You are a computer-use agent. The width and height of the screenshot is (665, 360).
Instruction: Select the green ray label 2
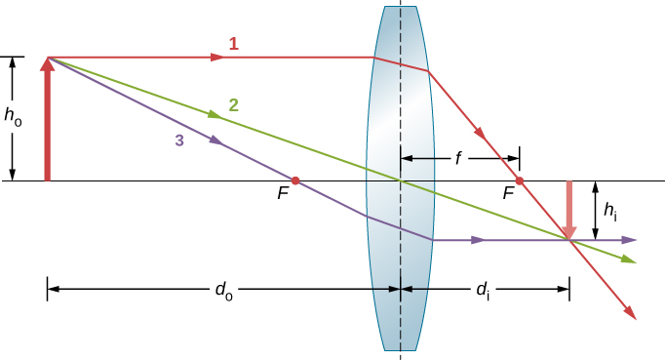coord(233,104)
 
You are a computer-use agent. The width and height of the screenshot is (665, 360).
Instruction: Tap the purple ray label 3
coord(178,140)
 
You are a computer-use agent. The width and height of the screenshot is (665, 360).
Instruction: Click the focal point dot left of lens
coord(295,180)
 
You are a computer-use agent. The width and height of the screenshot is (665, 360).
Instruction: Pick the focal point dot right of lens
coord(520,180)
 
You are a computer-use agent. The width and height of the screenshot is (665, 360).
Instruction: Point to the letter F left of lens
coord(283,194)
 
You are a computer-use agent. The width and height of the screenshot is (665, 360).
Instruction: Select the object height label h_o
coord(13,117)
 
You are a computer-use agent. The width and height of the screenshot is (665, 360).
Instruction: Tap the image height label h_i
coord(610,209)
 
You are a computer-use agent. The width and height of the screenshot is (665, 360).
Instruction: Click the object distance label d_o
coord(224,290)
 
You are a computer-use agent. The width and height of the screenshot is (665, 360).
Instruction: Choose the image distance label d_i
coord(483,290)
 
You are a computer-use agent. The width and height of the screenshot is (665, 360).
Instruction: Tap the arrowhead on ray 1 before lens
coord(217,58)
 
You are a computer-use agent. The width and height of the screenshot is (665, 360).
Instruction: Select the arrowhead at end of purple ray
coord(631,239)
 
